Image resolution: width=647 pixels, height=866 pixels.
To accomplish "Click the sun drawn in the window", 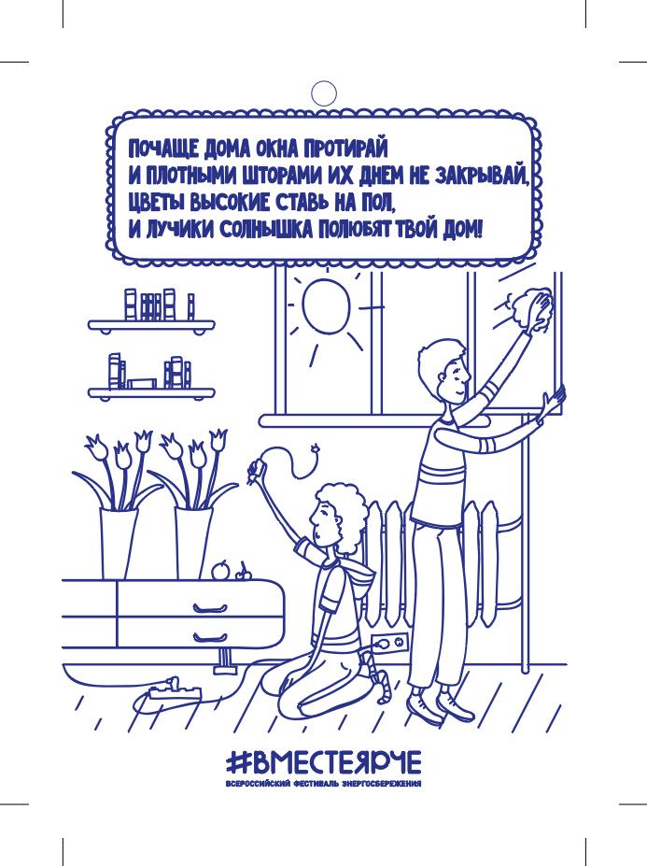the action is click(x=326, y=305).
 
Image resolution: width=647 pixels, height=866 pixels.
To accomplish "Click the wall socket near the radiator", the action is click(x=390, y=643).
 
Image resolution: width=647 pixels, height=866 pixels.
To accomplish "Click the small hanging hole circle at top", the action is click(x=323, y=93).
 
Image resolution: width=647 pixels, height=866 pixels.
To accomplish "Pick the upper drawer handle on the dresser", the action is click(x=210, y=609).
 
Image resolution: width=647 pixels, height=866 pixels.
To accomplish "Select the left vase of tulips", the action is click(x=119, y=544).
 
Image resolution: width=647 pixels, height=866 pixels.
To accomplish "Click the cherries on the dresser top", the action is click(x=244, y=574).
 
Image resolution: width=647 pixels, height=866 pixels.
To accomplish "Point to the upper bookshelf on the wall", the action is click(x=151, y=325).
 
